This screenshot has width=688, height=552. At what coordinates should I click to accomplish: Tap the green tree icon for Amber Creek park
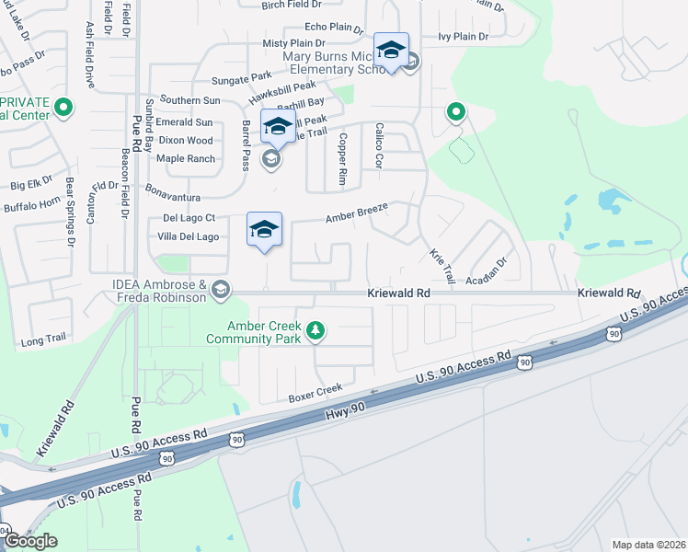[315, 330]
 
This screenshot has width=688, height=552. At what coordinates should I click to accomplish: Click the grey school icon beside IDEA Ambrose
[220, 291]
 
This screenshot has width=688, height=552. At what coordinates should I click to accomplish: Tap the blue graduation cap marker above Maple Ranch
[278, 127]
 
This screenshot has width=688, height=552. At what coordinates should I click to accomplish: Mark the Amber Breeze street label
[357, 213]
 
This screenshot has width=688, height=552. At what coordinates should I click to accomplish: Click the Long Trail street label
[43, 339]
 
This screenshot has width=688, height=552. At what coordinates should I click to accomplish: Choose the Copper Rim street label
[342, 150]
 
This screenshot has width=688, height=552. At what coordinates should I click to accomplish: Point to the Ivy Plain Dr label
[463, 37]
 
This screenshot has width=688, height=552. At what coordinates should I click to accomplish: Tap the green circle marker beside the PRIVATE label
[63, 108]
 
